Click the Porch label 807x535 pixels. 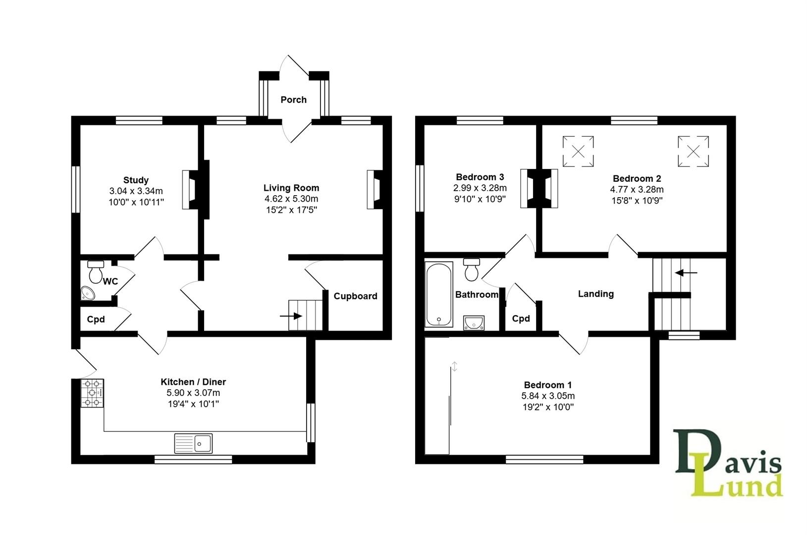coord(293,100)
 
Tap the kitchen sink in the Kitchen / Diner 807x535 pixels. coord(193,443)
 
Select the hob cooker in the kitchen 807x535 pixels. coord(92,393)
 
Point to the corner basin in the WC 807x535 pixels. coord(88,293)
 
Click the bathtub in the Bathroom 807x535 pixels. coord(439,294)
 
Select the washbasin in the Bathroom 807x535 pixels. coord(475,323)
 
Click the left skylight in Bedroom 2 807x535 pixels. coord(578,152)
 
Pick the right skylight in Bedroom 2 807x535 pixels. coord(694,152)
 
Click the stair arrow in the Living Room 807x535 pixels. coord(291,316)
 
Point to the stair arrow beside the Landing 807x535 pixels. coord(687,272)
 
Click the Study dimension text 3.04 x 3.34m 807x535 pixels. coord(136,191)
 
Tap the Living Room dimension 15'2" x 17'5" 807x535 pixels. coord(291,210)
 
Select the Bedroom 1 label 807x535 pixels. coord(547,385)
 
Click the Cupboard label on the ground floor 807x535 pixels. coord(355,296)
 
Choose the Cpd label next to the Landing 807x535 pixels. coord(521,319)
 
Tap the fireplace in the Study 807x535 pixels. coord(191,190)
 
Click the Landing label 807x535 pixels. coord(595,294)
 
